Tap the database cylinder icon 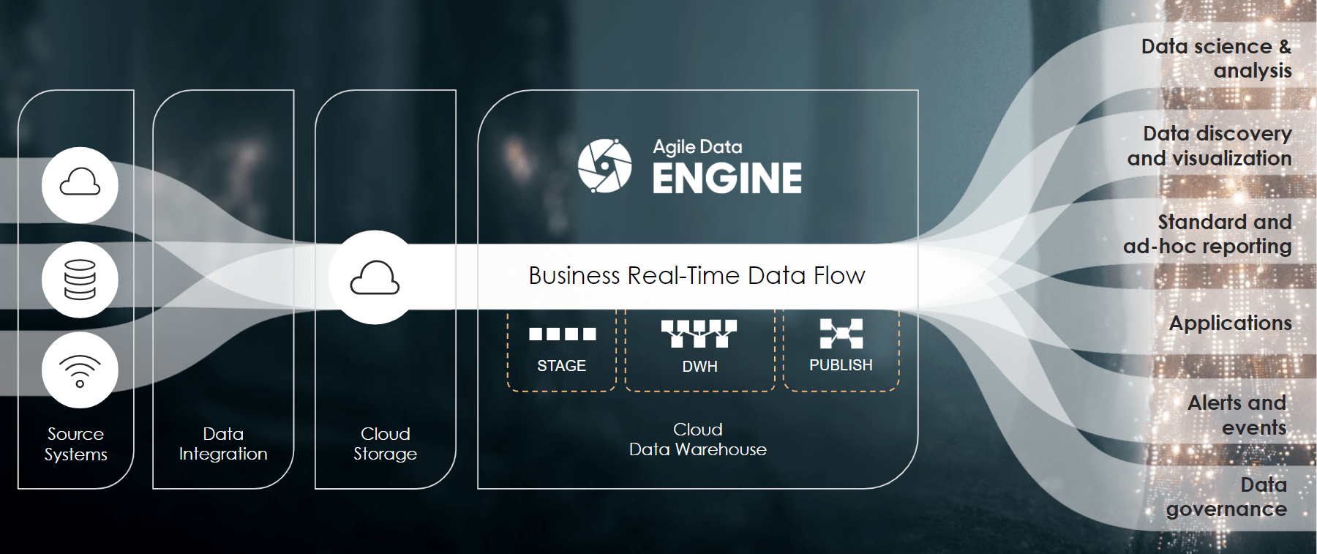click(x=80, y=280)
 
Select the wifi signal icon click(x=80, y=370)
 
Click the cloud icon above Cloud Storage click(x=375, y=278)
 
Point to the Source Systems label click(x=75, y=444)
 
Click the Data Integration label click(x=223, y=444)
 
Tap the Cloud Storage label click(x=385, y=444)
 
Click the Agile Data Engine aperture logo click(x=604, y=166)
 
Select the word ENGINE click(x=727, y=179)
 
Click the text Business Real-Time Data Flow click(x=697, y=276)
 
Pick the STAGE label click(x=561, y=366)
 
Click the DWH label click(x=699, y=367)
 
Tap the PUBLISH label click(x=841, y=365)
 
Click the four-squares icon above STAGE click(x=562, y=334)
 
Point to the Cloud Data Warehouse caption click(x=697, y=439)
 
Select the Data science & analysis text click(x=1216, y=59)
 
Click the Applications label click(x=1230, y=323)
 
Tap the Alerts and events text click(x=1237, y=415)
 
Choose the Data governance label click(x=1227, y=497)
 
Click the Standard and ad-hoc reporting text click(x=1207, y=234)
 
